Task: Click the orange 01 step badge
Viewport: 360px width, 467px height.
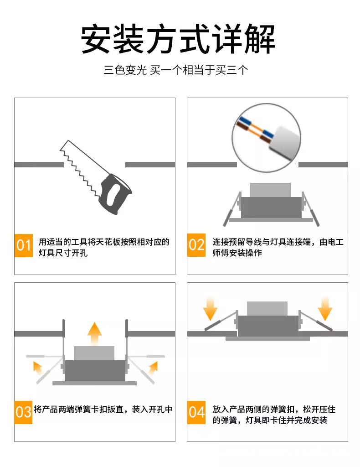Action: coord(24,245)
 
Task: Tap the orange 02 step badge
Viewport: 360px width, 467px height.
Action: coord(196,245)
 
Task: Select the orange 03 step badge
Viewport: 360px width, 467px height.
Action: coord(23,412)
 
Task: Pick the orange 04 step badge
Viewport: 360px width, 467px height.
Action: coord(196,412)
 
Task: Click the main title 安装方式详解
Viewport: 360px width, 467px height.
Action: coord(178,39)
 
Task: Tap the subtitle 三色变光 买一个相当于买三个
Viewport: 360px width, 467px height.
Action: coord(176,70)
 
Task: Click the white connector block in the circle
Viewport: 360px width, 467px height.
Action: coord(285,142)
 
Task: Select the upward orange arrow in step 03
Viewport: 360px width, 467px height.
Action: coord(95,333)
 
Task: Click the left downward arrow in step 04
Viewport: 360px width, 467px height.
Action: coord(211,309)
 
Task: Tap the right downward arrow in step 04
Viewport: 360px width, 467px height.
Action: coord(325,309)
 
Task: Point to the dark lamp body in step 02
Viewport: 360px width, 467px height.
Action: coord(271,208)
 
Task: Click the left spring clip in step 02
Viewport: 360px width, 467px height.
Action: coord(232,209)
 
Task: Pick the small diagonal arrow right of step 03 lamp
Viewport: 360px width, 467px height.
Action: coord(153,368)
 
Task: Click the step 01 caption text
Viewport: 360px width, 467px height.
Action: coord(104,247)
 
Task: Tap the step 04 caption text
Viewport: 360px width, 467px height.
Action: coord(274,415)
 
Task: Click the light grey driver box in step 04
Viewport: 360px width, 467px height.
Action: coord(267,309)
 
